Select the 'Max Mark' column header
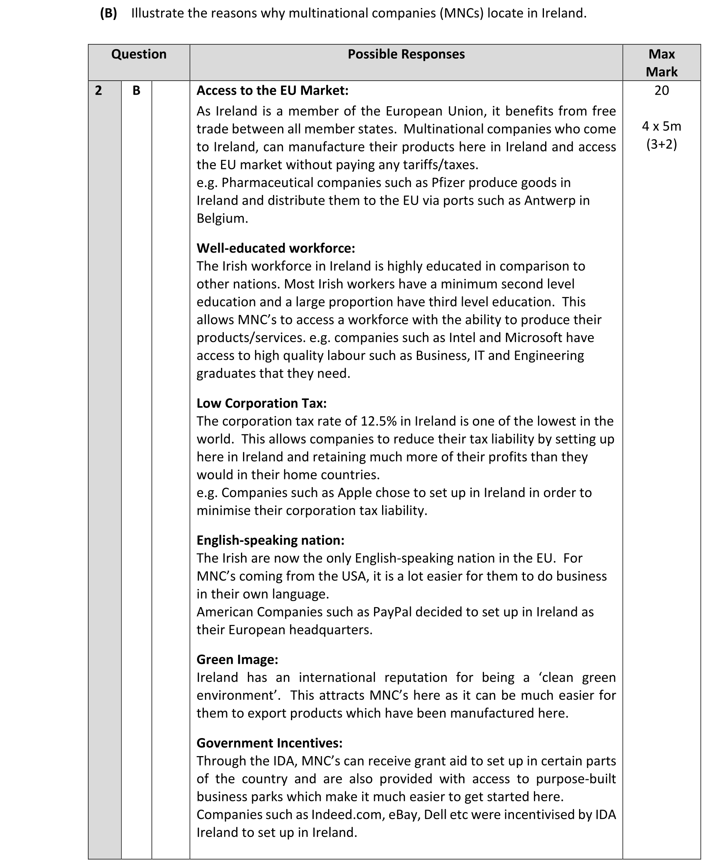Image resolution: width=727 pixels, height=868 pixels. point(661,63)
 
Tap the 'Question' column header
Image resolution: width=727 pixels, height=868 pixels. point(138,54)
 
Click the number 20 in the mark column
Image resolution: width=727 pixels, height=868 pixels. point(661,91)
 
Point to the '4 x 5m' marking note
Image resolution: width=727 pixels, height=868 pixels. point(661,126)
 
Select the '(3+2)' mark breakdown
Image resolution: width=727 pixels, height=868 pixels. point(661,144)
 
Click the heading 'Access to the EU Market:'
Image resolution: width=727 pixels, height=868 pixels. point(272,91)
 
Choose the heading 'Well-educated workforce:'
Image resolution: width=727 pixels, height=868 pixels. point(276,248)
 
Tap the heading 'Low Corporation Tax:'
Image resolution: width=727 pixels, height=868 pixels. point(262,403)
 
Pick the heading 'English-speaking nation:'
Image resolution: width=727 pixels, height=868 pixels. point(270,540)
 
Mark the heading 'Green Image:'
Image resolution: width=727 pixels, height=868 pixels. point(237,659)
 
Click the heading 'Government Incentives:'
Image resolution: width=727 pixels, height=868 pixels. point(269,743)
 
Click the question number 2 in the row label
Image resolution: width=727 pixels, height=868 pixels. point(98,91)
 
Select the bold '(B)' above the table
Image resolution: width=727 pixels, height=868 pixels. point(108,13)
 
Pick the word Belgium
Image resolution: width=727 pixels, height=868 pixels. point(222,218)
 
